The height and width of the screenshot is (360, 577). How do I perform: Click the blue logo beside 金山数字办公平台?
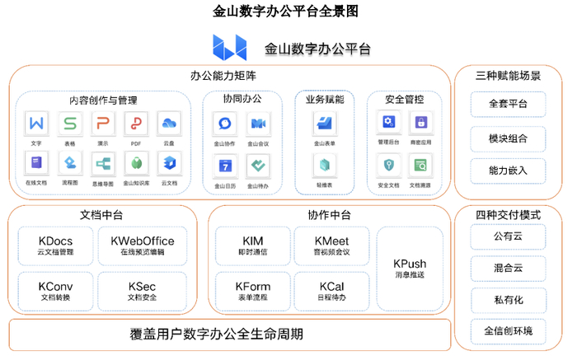[x=228, y=48]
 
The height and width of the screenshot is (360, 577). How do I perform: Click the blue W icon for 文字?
[x=36, y=124]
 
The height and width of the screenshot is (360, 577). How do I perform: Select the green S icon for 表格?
[x=70, y=124]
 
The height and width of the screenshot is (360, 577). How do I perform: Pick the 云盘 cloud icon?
[x=169, y=124]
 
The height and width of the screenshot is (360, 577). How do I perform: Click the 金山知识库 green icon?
[x=136, y=163]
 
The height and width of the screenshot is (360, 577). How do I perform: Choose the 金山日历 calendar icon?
[x=224, y=166]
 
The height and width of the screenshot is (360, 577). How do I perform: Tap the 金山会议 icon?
[x=258, y=124]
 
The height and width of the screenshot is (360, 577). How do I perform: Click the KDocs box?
[x=55, y=245]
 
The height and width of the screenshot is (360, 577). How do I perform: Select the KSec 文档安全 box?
[x=142, y=291]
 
